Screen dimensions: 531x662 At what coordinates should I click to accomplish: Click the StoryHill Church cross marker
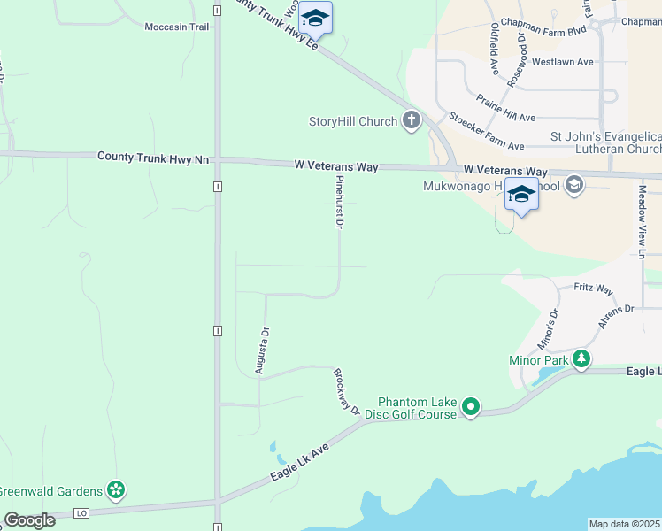[411, 121]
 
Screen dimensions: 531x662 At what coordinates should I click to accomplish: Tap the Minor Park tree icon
[581, 360]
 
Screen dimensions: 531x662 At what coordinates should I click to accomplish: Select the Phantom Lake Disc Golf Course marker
[471, 407]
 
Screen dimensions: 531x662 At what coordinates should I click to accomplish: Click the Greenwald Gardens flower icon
[114, 489]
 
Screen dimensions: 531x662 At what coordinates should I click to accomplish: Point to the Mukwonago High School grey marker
[573, 185]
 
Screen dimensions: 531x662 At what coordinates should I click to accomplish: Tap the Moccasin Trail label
[177, 27]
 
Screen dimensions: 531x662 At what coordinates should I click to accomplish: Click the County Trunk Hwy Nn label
[153, 158]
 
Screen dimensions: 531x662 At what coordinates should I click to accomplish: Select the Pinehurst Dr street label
[339, 202]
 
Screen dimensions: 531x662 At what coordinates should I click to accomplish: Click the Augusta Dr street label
[262, 350]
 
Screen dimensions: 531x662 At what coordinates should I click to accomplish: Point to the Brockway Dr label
[346, 391]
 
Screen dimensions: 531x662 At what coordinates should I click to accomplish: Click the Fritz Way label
[593, 289]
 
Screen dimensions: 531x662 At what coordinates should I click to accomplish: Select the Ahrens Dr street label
[616, 316]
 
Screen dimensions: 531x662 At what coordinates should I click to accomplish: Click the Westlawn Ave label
[562, 62]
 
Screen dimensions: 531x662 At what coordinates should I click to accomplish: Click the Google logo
[29, 520]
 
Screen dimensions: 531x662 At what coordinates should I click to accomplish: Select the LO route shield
[82, 512]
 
